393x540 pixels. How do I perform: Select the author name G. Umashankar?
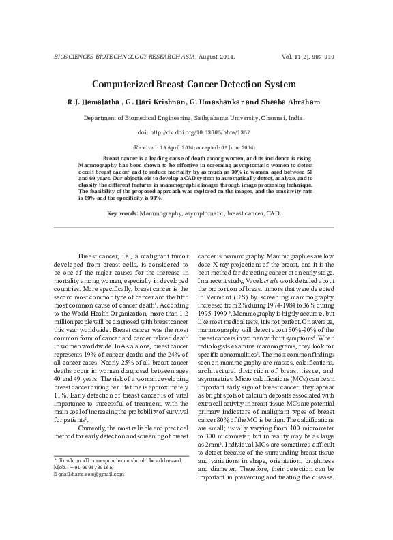[222, 102]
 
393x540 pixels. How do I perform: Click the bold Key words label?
[123, 214]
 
